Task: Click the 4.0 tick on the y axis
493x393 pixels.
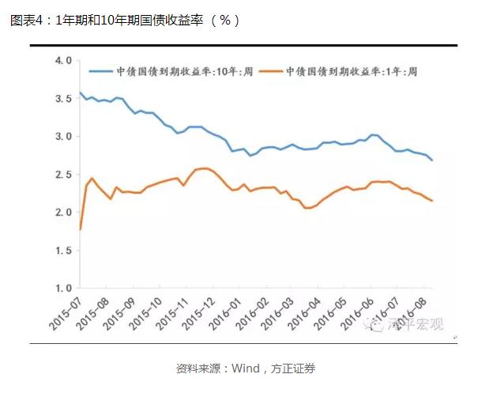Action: point(62,60)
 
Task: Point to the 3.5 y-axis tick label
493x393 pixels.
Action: point(62,98)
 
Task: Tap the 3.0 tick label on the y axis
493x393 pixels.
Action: point(62,136)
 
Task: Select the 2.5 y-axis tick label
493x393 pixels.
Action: point(62,174)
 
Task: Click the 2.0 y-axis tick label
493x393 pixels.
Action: point(62,212)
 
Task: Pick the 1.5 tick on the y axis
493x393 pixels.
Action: point(62,250)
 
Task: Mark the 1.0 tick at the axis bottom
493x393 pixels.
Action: point(62,288)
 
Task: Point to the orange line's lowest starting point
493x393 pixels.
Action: point(81,229)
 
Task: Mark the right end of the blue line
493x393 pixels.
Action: point(432,161)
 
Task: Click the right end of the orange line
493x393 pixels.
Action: point(432,201)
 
